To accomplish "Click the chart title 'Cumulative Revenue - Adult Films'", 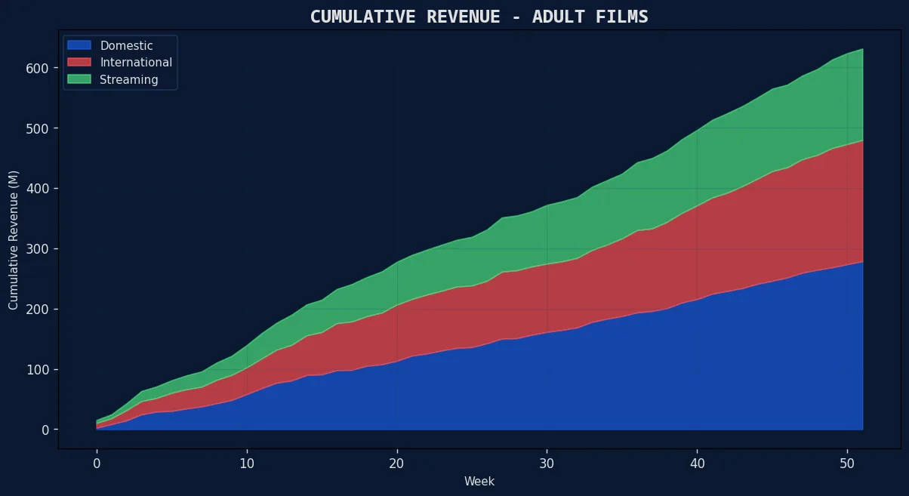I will [x=479, y=17].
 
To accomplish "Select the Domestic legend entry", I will [x=126, y=46].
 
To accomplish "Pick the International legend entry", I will [x=136, y=63].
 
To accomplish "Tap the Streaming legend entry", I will [x=129, y=79].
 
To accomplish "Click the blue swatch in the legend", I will [x=79, y=46].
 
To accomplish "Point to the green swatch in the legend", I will [x=79, y=79].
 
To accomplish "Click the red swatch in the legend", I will [x=79, y=63].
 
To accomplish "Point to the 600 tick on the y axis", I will [x=39, y=68].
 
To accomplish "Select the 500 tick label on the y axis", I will [x=39, y=128].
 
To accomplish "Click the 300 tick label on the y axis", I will [x=39, y=249].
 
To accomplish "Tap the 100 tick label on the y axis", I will [x=39, y=370].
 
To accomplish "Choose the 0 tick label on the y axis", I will [x=45, y=430].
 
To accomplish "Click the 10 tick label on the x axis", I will [x=247, y=463].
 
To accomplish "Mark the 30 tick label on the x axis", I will [x=547, y=463].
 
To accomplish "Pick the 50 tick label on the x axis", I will [x=847, y=463].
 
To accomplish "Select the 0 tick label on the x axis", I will [x=97, y=463].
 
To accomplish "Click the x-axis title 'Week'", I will [x=479, y=481].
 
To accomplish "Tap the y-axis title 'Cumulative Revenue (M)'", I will [x=14, y=240].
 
